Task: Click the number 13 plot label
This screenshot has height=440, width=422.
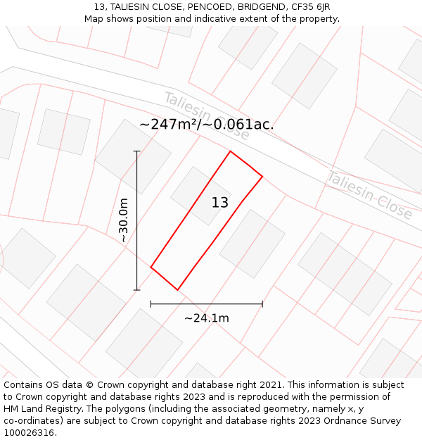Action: click(x=220, y=203)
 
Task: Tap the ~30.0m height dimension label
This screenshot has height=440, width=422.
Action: click(x=124, y=220)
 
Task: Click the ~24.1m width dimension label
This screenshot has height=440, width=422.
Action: click(x=207, y=318)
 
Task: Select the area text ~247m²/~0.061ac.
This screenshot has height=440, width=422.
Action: click(x=206, y=125)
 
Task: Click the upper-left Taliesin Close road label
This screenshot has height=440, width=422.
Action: click(x=206, y=115)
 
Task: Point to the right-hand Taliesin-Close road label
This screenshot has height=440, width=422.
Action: click(x=369, y=195)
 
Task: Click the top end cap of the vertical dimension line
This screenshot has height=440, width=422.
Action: click(x=136, y=151)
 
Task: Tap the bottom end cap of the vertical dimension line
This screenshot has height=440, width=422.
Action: click(x=136, y=289)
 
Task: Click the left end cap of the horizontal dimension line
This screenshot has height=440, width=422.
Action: click(x=151, y=304)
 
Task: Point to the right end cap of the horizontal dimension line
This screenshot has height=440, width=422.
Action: click(x=262, y=304)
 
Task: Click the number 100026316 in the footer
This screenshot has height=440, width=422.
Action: click(x=27, y=433)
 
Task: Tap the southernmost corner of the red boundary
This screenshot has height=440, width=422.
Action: click(x=177, y=289)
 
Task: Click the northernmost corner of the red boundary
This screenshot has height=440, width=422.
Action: click(x=230, y=151)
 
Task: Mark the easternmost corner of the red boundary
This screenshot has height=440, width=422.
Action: click(x=262, y=176)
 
